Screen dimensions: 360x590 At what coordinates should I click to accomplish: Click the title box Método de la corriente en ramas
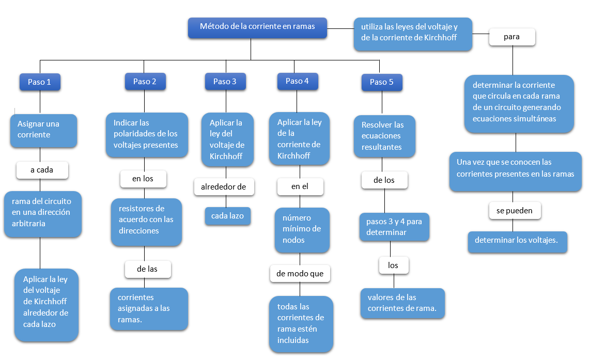(257, 27)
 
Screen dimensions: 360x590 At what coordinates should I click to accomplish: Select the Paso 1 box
(40, 82)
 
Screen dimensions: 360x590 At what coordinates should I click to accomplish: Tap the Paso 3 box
(225, 82)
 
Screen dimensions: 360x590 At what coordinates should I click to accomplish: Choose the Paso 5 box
(381, 82)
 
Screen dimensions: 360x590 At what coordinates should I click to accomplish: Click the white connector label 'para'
(511, 37)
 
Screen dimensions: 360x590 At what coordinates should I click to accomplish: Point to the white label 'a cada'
(43, 170)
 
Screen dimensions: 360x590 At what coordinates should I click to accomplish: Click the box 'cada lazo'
(227, 216)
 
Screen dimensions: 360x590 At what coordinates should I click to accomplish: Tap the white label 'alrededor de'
(224, 187)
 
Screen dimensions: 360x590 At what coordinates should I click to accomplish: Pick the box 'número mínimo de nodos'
(302, 229)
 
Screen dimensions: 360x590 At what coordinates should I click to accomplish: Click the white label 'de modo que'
(300, 274)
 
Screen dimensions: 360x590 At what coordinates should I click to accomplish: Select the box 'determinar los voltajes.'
(517, 241)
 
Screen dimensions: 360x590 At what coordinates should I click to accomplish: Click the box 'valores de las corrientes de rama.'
(402, 303)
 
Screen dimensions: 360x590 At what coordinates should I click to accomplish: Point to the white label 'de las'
(147, 269)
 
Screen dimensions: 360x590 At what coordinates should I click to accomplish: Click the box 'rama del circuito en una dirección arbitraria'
(42, 213)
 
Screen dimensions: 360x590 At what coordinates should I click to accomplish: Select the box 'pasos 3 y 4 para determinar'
(394, 227)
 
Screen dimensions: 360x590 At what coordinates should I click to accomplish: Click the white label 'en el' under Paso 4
(300, 186)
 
